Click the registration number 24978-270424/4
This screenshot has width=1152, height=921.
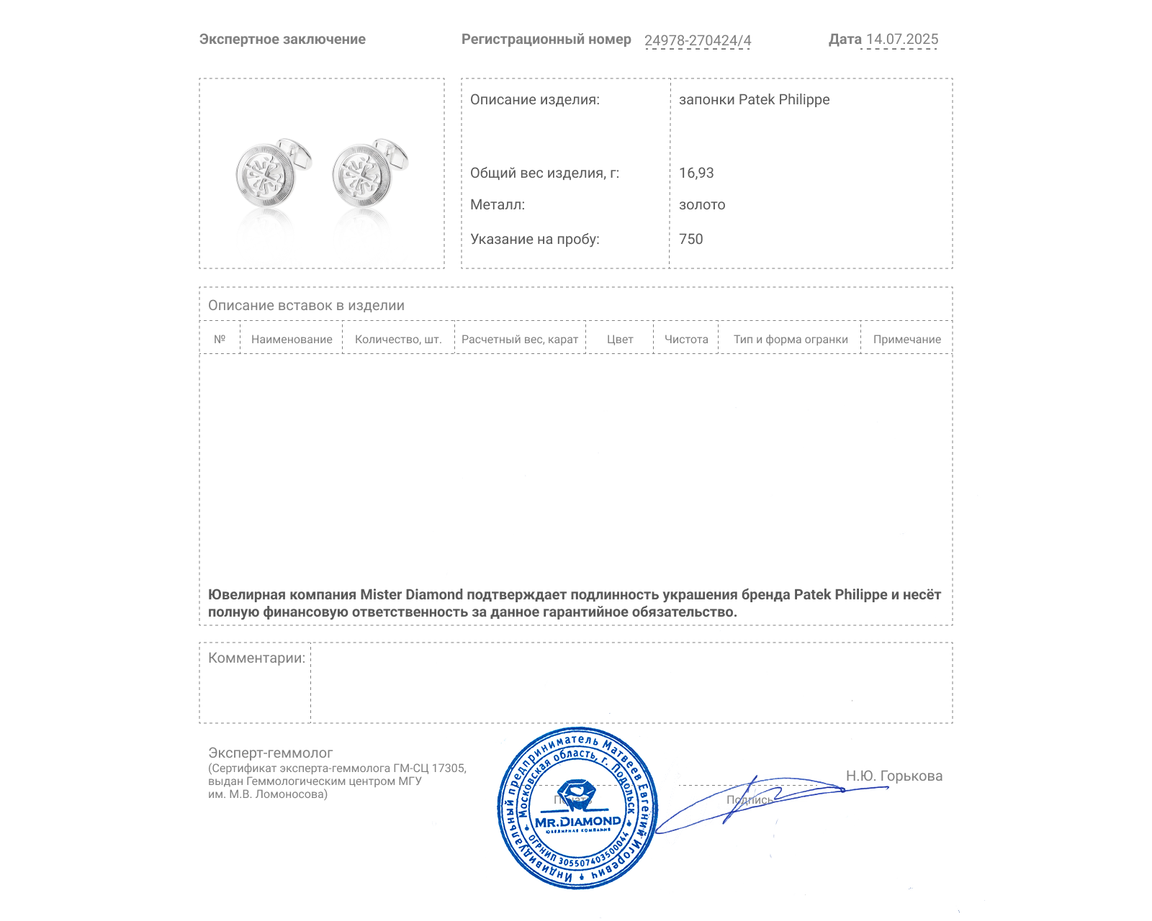coord(697,40)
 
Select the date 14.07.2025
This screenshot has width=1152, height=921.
coord(902,40)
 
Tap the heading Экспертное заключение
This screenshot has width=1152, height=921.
coord(282,40)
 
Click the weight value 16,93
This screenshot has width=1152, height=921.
coord(696,173)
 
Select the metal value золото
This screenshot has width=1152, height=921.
coord(702,205)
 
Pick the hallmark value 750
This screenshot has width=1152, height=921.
coord(690,239)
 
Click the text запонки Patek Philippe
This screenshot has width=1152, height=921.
coord(754,99)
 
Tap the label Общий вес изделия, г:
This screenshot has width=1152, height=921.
coord(544,173)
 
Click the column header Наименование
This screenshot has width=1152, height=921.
coord(292,340)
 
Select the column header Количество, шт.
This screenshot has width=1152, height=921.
coord(398,340)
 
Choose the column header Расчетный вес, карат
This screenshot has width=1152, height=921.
coord(520,340)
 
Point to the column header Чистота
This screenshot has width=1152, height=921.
coord(686,340)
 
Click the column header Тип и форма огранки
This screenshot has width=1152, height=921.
coord(791,340)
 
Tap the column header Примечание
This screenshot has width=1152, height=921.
coord(906,340)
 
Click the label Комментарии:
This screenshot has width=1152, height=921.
coord(256,658)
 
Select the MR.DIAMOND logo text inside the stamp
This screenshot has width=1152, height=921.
coord(577,822)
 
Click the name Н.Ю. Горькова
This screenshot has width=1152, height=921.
coord(894,776)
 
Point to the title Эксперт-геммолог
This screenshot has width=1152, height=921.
coord(270,753)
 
